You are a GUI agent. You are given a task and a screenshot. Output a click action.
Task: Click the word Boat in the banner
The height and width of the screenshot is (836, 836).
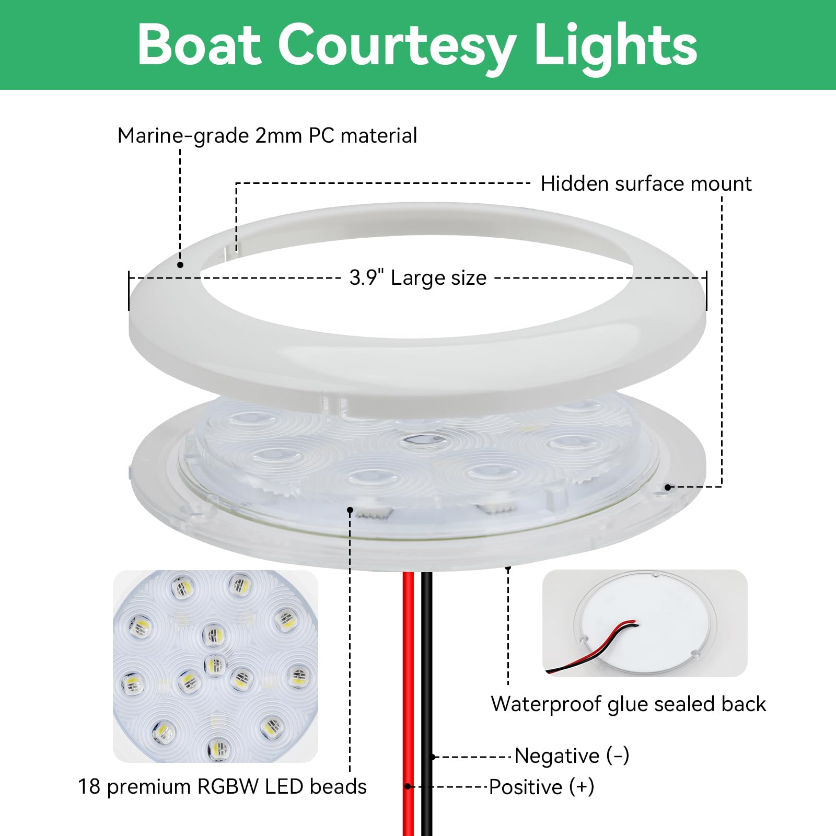(199, 45)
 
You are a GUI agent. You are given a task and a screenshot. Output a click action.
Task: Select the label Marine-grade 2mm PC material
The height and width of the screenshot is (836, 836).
(267, 136)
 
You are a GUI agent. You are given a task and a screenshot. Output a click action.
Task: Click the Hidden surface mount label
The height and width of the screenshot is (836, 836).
(646, 184)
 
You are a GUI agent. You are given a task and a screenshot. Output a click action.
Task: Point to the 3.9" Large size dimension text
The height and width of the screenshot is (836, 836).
(418, 277)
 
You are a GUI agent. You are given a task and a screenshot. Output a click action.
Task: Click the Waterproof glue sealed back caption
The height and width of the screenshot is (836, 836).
(629, 704)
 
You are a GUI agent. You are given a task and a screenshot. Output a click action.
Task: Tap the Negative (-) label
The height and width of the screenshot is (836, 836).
(572, 756)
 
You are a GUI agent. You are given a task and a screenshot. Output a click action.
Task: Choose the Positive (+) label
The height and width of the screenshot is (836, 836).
(542, 787)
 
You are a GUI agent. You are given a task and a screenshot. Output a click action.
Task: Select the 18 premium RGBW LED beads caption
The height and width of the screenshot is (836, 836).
(223, 786)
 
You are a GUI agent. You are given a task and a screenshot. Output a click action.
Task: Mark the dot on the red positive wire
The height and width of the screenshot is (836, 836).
(408, 786)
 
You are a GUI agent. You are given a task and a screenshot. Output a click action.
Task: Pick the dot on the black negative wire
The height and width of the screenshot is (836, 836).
(433, 757)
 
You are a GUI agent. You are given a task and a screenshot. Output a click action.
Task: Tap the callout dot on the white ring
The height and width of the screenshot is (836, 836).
(180, 265)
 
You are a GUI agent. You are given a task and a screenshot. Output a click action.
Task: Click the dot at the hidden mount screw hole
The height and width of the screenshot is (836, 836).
(667, 487)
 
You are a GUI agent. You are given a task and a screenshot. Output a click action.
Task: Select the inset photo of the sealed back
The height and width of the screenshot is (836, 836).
(645, 623)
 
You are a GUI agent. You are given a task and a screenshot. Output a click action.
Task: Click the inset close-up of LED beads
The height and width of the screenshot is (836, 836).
(215, 666)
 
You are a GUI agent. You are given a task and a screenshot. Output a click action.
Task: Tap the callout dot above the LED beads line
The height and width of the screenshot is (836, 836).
(351, 510)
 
